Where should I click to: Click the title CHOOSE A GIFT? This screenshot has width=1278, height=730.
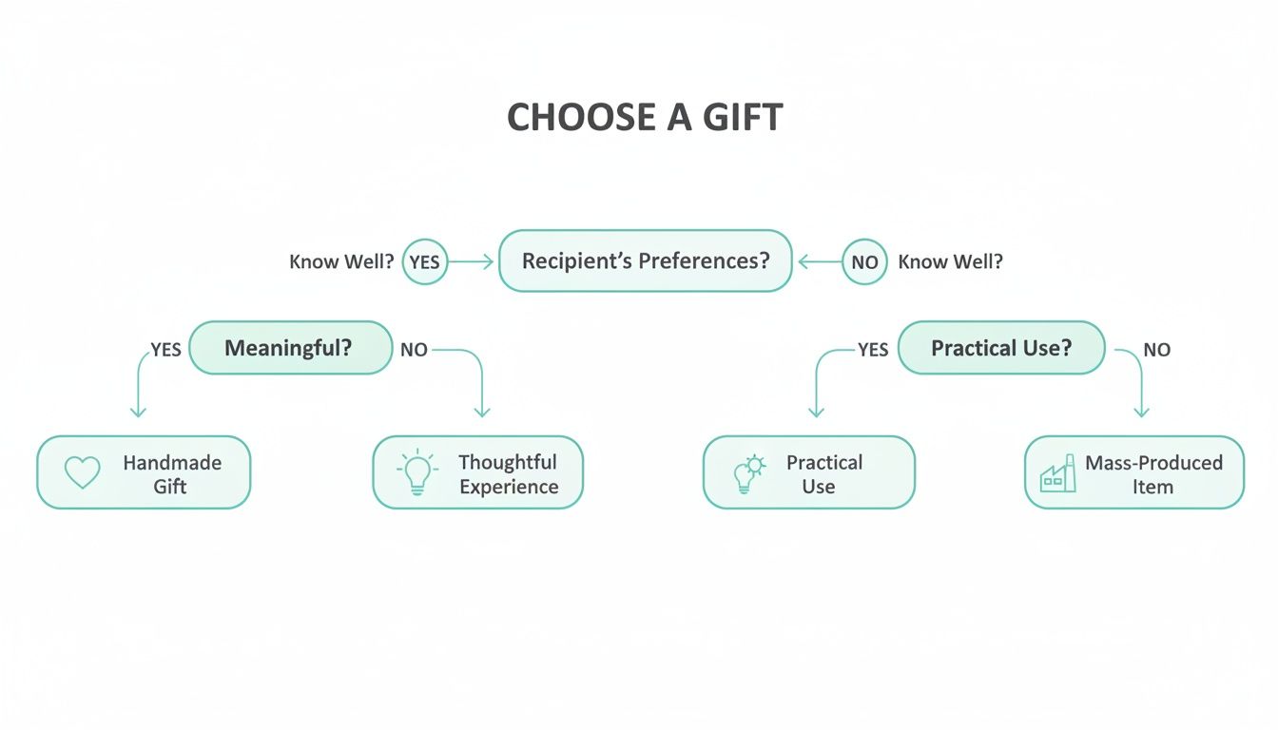645,118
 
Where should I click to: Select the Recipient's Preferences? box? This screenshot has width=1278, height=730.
645,260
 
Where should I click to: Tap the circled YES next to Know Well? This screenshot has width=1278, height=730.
424,261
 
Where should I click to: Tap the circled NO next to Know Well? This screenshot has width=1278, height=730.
864,261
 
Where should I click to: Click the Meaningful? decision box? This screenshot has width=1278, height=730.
290,348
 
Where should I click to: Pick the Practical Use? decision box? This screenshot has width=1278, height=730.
1000,348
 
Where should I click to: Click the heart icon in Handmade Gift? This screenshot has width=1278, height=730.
82,472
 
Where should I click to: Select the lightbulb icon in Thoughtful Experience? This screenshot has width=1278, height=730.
416,472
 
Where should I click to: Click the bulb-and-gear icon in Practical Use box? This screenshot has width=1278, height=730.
748,472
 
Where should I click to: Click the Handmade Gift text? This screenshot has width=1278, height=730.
171,474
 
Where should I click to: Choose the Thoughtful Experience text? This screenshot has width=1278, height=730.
508,474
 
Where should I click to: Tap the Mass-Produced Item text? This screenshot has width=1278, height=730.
1152,474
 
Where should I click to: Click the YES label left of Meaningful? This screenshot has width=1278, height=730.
165,350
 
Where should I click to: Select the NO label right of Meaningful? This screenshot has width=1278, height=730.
414,350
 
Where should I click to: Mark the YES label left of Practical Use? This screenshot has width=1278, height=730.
872,350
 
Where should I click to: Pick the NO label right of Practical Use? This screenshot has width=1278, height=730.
1156,350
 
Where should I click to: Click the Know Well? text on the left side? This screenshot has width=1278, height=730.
341,261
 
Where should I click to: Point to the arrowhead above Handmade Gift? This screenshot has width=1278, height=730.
139,412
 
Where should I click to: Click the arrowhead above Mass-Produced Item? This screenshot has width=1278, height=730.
1142,412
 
